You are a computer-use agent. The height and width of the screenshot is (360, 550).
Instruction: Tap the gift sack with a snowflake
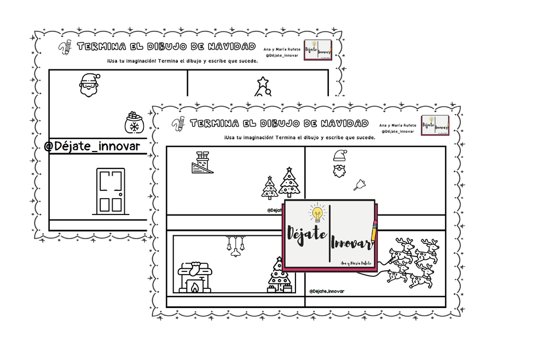(132, 123)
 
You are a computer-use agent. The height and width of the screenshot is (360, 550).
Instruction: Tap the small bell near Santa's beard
(360, 184)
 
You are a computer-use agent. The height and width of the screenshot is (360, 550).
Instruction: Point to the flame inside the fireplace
(194, 287)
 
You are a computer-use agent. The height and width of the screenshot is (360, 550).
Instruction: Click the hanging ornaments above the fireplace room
(233, 246)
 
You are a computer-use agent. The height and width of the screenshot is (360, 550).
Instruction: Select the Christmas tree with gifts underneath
(279, 276)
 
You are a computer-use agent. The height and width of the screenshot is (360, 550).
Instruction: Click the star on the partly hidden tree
(263, 82)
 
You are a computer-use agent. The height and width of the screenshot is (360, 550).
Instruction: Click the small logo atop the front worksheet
(436, 124)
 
